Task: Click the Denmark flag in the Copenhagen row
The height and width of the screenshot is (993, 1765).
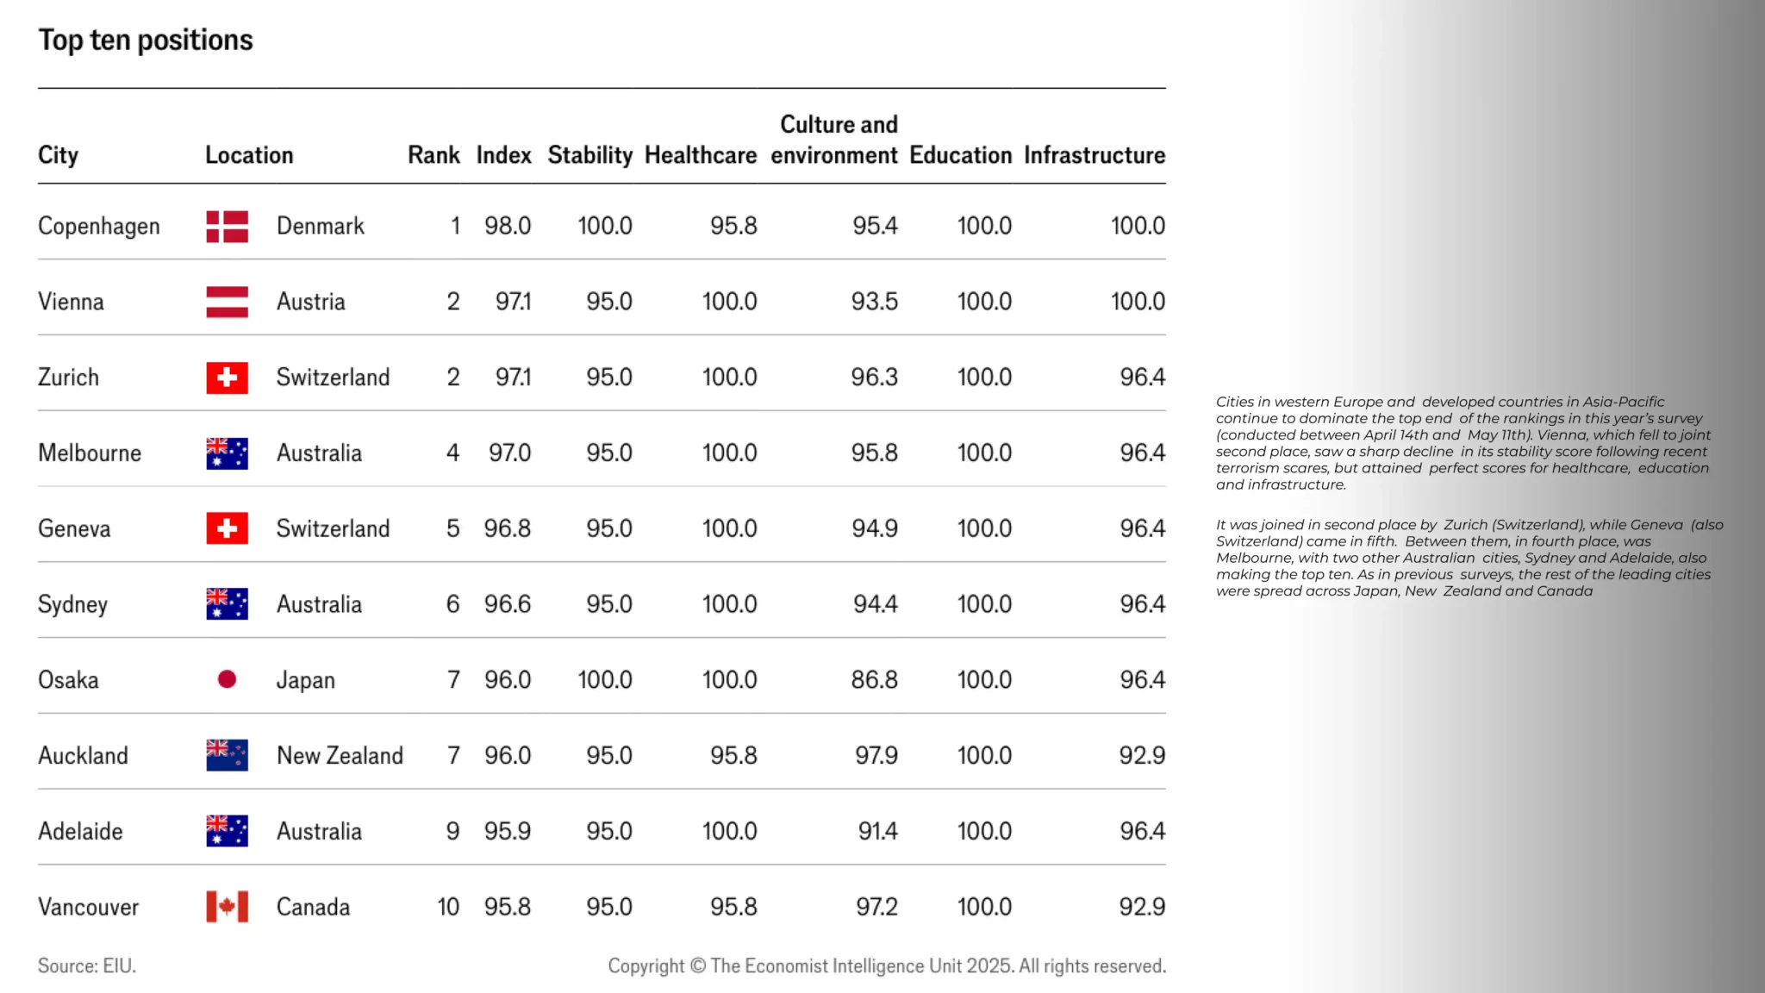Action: (x=227, y=227)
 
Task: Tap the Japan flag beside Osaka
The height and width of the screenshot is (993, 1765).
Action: (x=227, y=680)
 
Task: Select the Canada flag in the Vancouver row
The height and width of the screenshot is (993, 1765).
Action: (x=227, y=907)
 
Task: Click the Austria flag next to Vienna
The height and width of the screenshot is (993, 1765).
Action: (x=227, y=302)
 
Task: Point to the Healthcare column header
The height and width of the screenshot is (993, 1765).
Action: (x=701, y=155)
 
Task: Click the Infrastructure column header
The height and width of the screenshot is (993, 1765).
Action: (x=1094, y=155)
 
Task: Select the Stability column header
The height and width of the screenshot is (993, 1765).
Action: (x=589, y=155)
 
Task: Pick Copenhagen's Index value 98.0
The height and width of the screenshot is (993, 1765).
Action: (x=507, y=226)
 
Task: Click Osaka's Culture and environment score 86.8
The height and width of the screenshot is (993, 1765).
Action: (x=874, y=680)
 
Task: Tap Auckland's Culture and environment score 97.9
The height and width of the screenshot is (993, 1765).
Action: (x=876, y=756)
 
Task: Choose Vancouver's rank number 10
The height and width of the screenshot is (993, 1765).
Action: (x=448, y=907)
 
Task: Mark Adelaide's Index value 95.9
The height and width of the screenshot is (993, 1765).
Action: (x=507, y=832)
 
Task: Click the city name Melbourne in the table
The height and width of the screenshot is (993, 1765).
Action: (x=90, y=453)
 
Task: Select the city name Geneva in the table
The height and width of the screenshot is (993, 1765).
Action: (x=74, y=529)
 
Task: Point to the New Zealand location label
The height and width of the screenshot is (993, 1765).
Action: (x=340, y=756)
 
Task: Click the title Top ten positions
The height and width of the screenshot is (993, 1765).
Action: (x=146, y=41)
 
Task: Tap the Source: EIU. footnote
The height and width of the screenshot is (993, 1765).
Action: (x=87, y=966)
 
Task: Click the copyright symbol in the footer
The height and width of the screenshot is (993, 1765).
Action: (x=697, y=966)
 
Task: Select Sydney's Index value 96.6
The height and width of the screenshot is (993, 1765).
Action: (x=507, y=604)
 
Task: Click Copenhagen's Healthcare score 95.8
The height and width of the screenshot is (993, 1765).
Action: (x=733, y=226)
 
